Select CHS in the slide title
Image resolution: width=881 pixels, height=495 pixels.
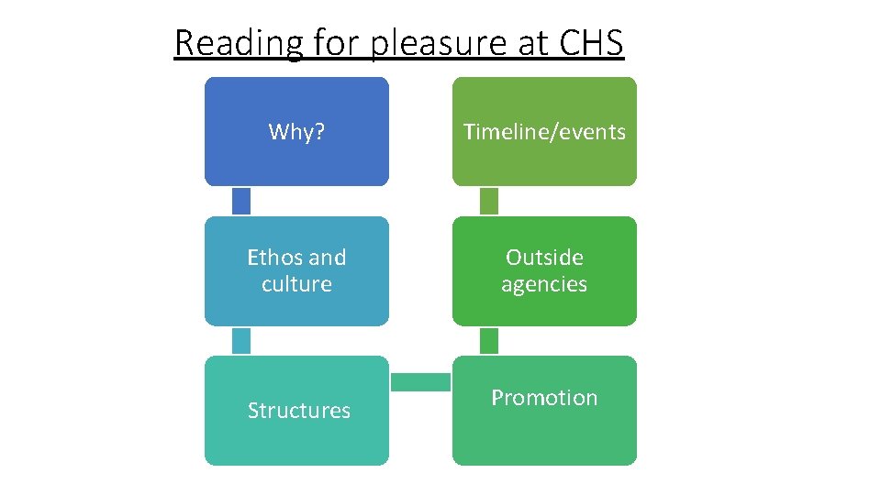588,42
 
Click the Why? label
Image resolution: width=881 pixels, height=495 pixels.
296,132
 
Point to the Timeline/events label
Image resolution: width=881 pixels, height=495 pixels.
544,132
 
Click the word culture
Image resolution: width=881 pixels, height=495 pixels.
296,284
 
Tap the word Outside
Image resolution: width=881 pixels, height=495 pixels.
544,258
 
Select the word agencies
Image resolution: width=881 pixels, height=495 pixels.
544,284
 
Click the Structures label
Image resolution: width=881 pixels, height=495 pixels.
299,411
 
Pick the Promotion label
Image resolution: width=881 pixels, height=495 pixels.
544,398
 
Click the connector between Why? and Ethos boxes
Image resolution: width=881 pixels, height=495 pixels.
241,201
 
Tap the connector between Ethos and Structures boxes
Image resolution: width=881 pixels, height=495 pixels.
241,340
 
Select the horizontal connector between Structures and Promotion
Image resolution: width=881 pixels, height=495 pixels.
420,381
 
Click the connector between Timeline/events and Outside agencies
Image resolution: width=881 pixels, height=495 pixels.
489,201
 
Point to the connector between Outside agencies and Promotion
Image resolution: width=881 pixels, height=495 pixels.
489,340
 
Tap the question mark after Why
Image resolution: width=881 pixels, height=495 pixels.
319,132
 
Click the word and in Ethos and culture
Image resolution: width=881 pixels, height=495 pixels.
327,258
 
